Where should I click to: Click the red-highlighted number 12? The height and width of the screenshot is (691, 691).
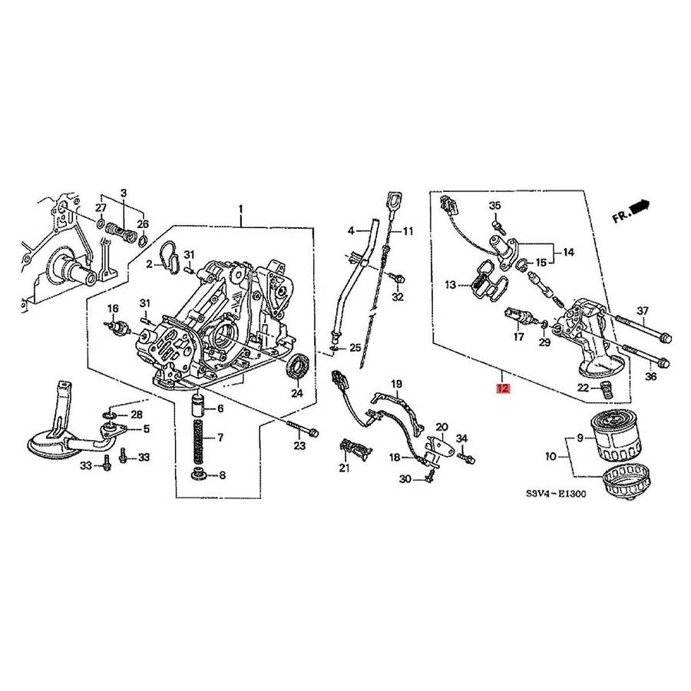point(502,388)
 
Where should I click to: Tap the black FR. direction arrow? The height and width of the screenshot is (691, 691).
point(640,207)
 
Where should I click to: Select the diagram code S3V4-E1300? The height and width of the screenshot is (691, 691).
point(556,494)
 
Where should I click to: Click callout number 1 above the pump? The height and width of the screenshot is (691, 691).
point(240,207)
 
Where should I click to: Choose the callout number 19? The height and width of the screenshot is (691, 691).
point(397,384)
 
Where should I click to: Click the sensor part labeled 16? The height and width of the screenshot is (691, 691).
point(118,328)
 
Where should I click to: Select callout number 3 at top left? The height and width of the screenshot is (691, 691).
point(124,193)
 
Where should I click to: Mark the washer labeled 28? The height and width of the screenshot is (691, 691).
point(110,415)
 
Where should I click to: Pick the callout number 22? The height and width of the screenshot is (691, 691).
point(583,388)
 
